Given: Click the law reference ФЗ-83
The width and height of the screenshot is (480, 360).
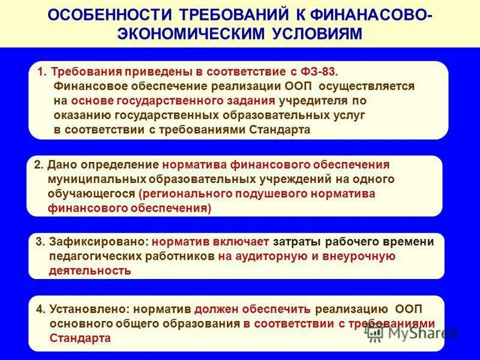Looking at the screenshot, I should (322, 71).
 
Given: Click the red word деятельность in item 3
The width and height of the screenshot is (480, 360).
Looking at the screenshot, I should (90, 271).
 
